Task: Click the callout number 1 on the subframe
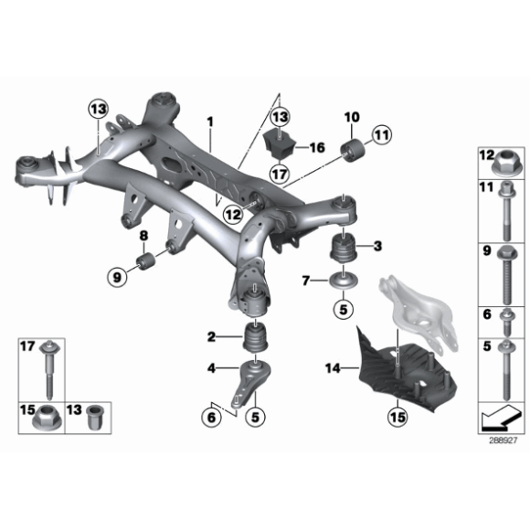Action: coord(208,121)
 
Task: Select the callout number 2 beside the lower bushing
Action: coord(211,337)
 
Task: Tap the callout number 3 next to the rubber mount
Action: coord(376,245)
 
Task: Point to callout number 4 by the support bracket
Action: coord(211,368)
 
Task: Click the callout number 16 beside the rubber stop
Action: coord(317,146)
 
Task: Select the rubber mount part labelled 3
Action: coord(344,248)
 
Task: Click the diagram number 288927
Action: coord(503,440)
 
